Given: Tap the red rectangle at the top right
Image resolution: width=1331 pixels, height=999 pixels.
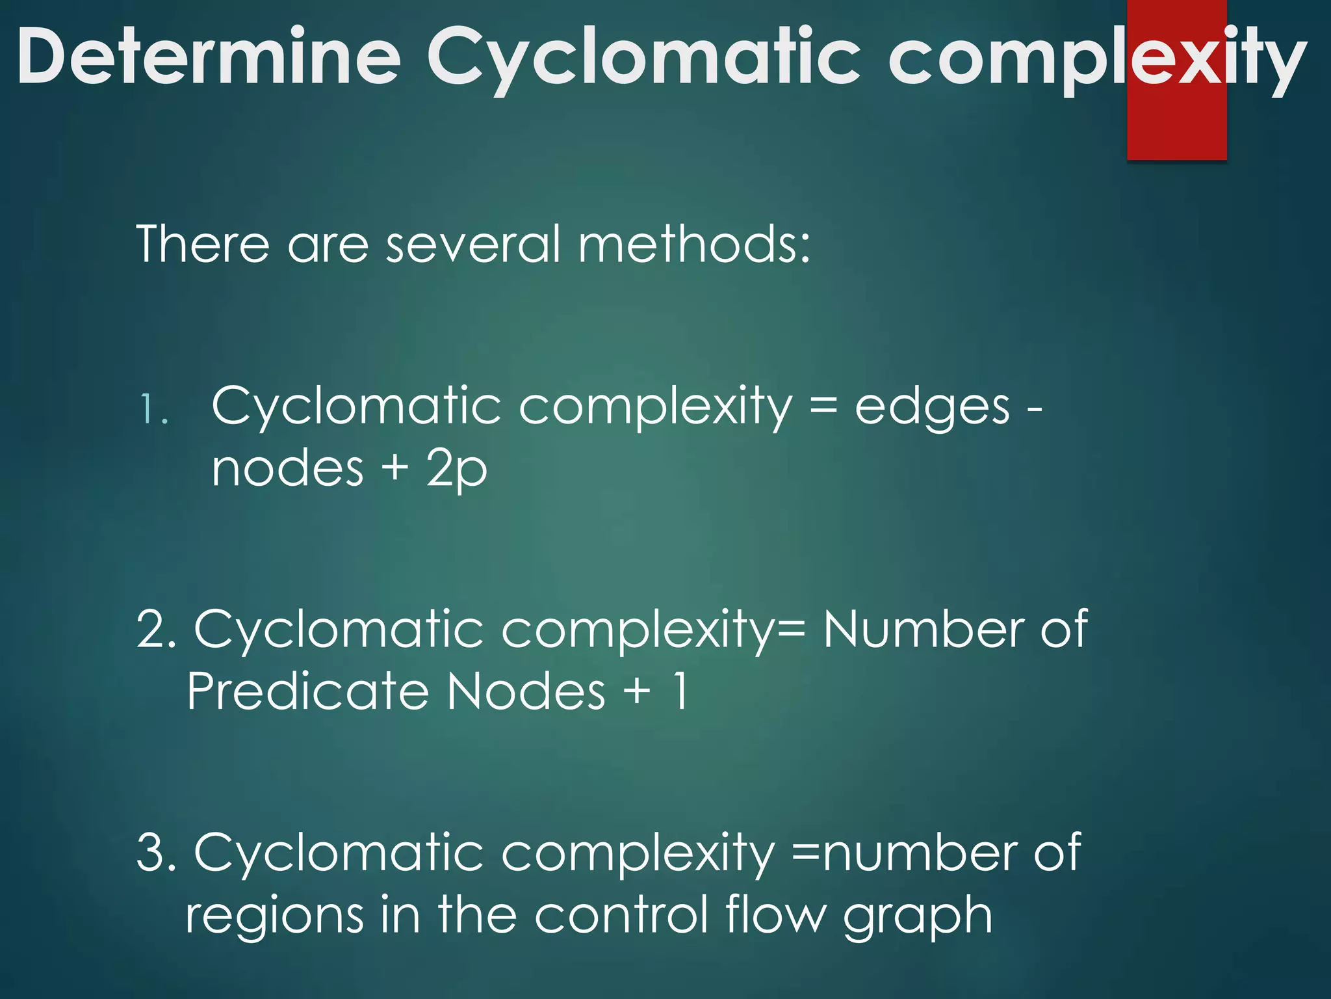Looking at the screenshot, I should pyautogui.click(x=1176, y=130).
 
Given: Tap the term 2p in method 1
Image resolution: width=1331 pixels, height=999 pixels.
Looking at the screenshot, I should pyautogui.click(x=456, y=470).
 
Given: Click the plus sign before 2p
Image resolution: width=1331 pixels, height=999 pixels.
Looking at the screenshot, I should pyautogui.click(x=394, y=468).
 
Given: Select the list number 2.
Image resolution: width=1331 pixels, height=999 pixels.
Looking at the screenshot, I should pyautogui.click(x=156, y=630).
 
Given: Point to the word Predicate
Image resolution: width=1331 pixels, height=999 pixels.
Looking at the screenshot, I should pyautogui.click(x=307, y=691).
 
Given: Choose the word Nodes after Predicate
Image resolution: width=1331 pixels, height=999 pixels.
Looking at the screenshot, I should pyautogui.click(x=526, y=691).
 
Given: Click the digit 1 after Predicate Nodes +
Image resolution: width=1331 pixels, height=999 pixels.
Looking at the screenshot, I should pyautogui.click(x=680, y=691).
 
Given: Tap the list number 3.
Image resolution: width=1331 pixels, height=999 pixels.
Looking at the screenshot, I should pyautogui.click(x=156, y=852).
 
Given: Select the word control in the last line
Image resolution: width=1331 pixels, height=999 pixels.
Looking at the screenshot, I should pyautogui.click(x=621, y=914).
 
